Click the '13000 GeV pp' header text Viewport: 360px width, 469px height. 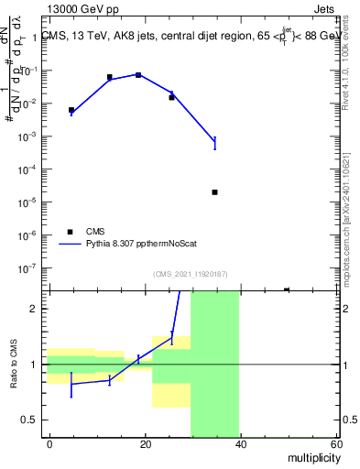tap(80, 10)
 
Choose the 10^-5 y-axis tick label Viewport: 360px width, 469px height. tap(30, 202)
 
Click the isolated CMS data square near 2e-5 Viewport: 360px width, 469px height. tap(214, 192)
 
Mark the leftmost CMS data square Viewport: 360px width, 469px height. tap(71, 110)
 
